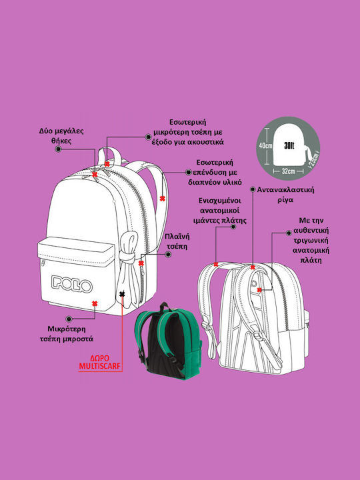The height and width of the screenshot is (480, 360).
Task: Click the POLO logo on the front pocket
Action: click(72, 285)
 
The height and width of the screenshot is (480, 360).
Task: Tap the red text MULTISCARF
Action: click(100, 366)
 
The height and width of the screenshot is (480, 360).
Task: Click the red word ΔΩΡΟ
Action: click(100, 359)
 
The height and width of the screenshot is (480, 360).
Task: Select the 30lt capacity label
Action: click(289, 146)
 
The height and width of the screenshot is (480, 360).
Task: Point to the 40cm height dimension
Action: click(265, 146)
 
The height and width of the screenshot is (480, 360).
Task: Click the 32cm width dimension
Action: click(288, 171)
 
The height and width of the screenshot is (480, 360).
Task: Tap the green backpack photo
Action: click(169, 341)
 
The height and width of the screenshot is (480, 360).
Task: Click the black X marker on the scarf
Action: click(122, 294)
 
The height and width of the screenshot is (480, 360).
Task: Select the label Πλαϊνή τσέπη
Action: click(177, 241)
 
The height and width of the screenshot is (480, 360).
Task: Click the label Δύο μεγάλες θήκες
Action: click(61, 136)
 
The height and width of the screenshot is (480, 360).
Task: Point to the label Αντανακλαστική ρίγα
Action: click(285, 195)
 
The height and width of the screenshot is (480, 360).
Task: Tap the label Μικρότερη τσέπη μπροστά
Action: click(67, 334)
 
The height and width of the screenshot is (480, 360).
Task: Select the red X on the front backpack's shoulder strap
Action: click(163, 199)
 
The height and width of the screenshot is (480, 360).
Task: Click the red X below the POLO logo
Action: click(95, 303)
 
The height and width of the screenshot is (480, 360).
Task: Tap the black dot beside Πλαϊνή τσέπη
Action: click(168, 254)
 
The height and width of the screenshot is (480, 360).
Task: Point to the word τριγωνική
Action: click(311, 240)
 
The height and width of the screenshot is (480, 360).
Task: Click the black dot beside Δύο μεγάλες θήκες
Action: click(59, 149)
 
